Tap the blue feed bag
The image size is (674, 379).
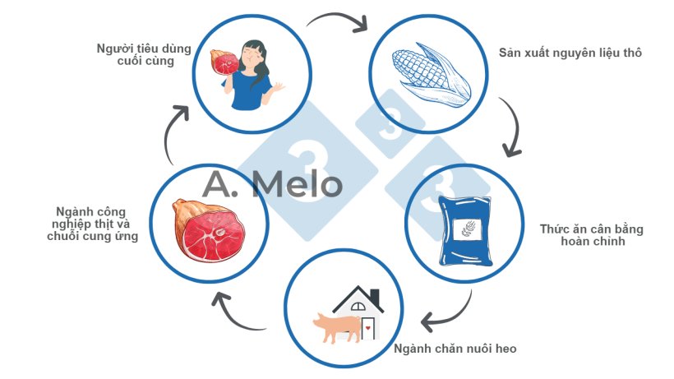click(465, 231)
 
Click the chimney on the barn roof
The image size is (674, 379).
click(375, 297)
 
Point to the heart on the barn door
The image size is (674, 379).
click(368, 328)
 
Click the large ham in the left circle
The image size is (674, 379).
click(209, 230)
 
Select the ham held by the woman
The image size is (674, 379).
click(224, 62)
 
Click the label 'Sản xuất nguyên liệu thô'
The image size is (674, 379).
click(570, 53)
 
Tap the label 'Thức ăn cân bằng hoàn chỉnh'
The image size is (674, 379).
click(592, 235)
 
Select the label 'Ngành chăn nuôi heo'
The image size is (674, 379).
click(455, 349)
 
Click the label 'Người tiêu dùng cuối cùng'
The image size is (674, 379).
click(144, 54)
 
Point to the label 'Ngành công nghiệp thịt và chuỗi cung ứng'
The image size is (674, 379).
click(92, 224)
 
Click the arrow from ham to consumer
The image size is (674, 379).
click(171, 133)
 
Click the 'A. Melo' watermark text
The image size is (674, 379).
click(273, 184)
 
